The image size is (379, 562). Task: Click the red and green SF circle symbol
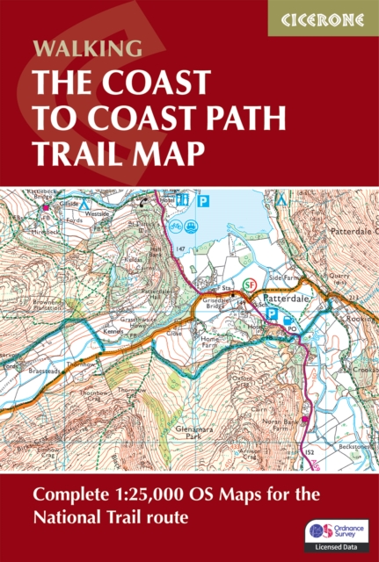250,285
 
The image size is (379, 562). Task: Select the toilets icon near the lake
183,200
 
